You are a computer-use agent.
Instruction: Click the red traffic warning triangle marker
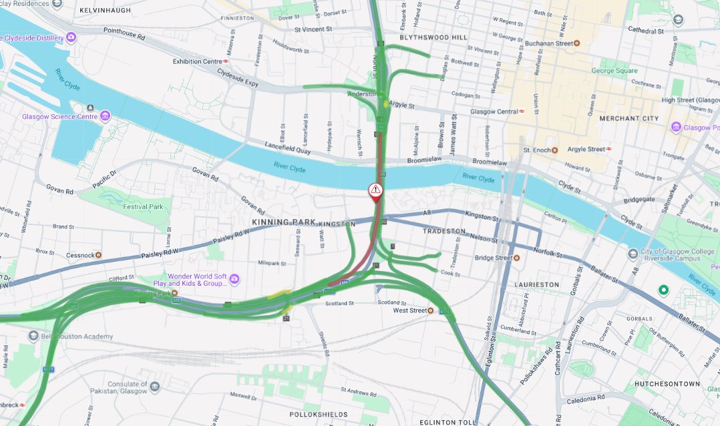376,190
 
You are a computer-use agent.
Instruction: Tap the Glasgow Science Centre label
60,117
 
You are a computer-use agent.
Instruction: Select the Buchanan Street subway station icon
577,43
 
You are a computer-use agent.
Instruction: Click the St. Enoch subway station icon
554,150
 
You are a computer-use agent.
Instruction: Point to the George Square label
614,71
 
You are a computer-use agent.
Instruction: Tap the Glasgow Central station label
494,112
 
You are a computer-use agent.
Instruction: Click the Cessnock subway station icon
98,255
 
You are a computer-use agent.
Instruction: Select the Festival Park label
143,207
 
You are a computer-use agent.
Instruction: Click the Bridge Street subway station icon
516,258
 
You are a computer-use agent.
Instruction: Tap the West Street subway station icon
431,310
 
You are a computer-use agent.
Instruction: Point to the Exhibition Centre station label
197,61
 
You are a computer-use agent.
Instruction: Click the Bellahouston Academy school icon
33,337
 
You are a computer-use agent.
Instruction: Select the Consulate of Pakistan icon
155,387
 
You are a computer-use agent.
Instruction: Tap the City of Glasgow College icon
633,253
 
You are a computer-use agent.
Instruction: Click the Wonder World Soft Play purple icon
234,280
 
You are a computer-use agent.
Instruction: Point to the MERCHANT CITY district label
628,118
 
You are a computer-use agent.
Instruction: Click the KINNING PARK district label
283,222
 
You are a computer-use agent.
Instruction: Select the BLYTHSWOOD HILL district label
433,37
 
